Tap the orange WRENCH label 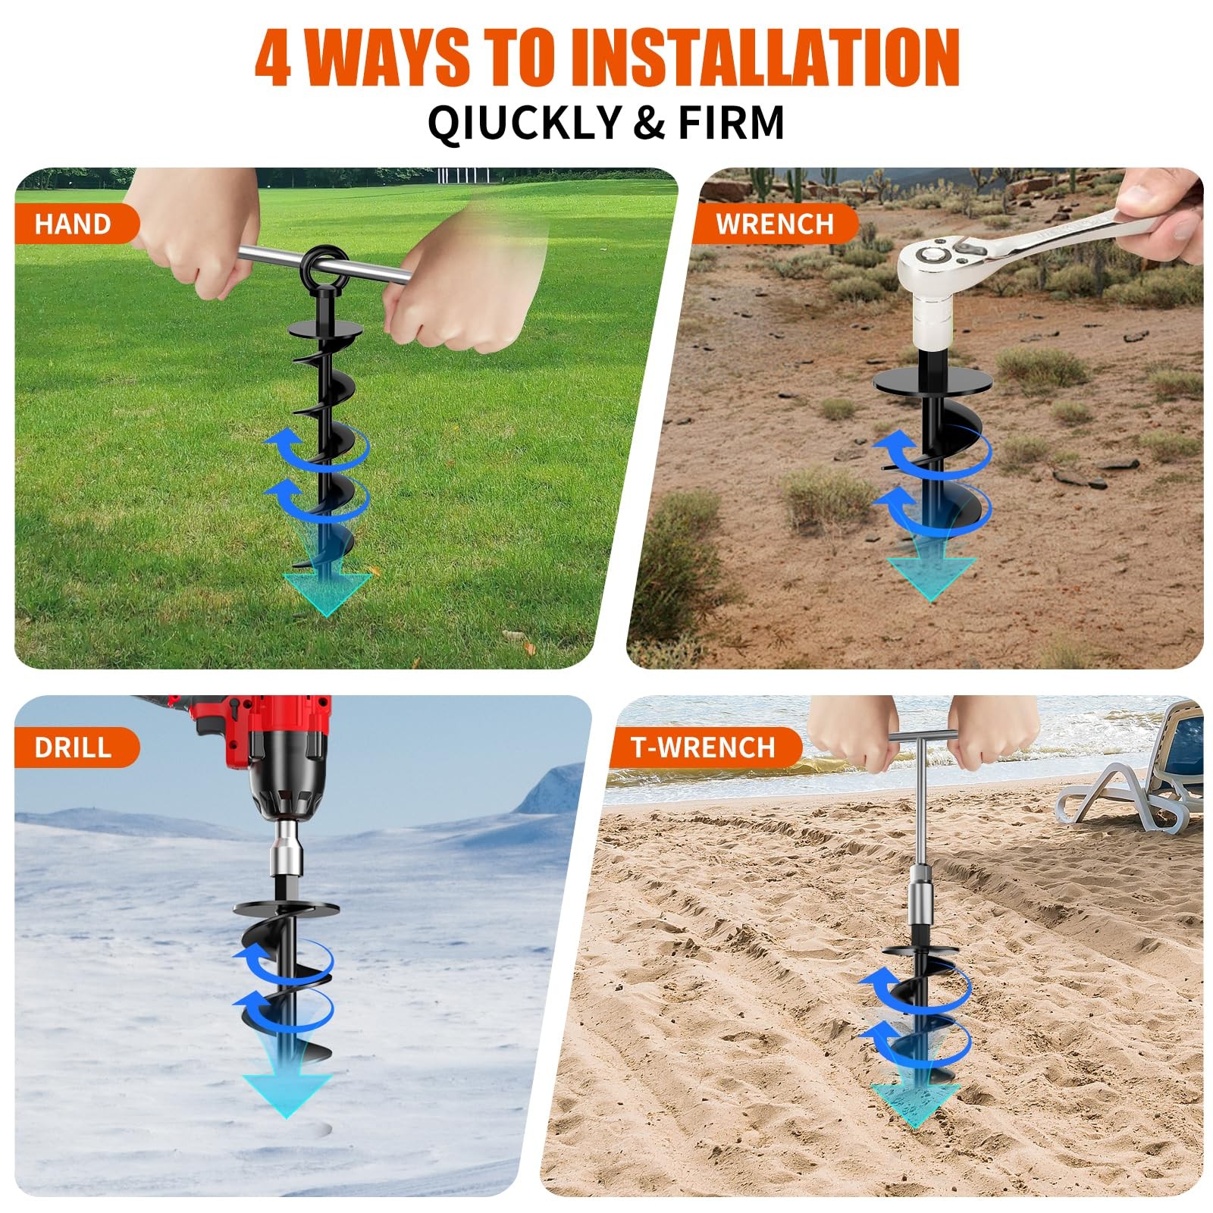[x=775, y=224]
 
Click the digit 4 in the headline [x=273, y=58]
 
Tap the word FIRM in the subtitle [x=731, y=122]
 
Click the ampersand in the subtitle [x=649, y=123]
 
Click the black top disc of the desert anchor [x=933, y=380]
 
